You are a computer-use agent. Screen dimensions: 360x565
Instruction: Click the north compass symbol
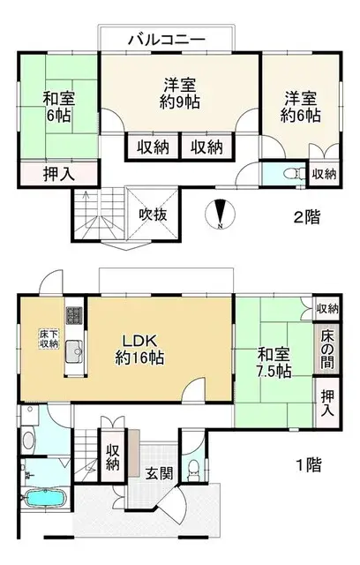coord(220,214)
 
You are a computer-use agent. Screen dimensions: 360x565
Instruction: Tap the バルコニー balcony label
coord(167,39)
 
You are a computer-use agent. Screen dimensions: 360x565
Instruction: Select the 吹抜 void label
coord(153,215)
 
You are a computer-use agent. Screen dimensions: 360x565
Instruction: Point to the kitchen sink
coord(74,351)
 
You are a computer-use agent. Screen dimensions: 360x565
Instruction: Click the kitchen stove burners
coord(74,315)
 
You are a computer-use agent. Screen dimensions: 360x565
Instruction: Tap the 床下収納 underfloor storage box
coord(49,339)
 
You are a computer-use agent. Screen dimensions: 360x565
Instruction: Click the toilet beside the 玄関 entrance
coord(194,470)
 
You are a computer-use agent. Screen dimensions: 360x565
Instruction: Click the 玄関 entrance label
coord(159,473)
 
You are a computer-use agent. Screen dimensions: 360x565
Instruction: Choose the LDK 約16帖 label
coord(139,350)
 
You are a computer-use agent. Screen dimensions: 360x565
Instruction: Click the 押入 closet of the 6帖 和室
coord(59,175)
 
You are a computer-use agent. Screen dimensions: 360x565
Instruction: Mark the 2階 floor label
coord(307,217)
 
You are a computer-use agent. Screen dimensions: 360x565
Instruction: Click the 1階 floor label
coord(309,465)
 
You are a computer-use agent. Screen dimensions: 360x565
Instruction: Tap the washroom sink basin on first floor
coord(28,440)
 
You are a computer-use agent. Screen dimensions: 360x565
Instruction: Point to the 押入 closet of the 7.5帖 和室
coord(327,403)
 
